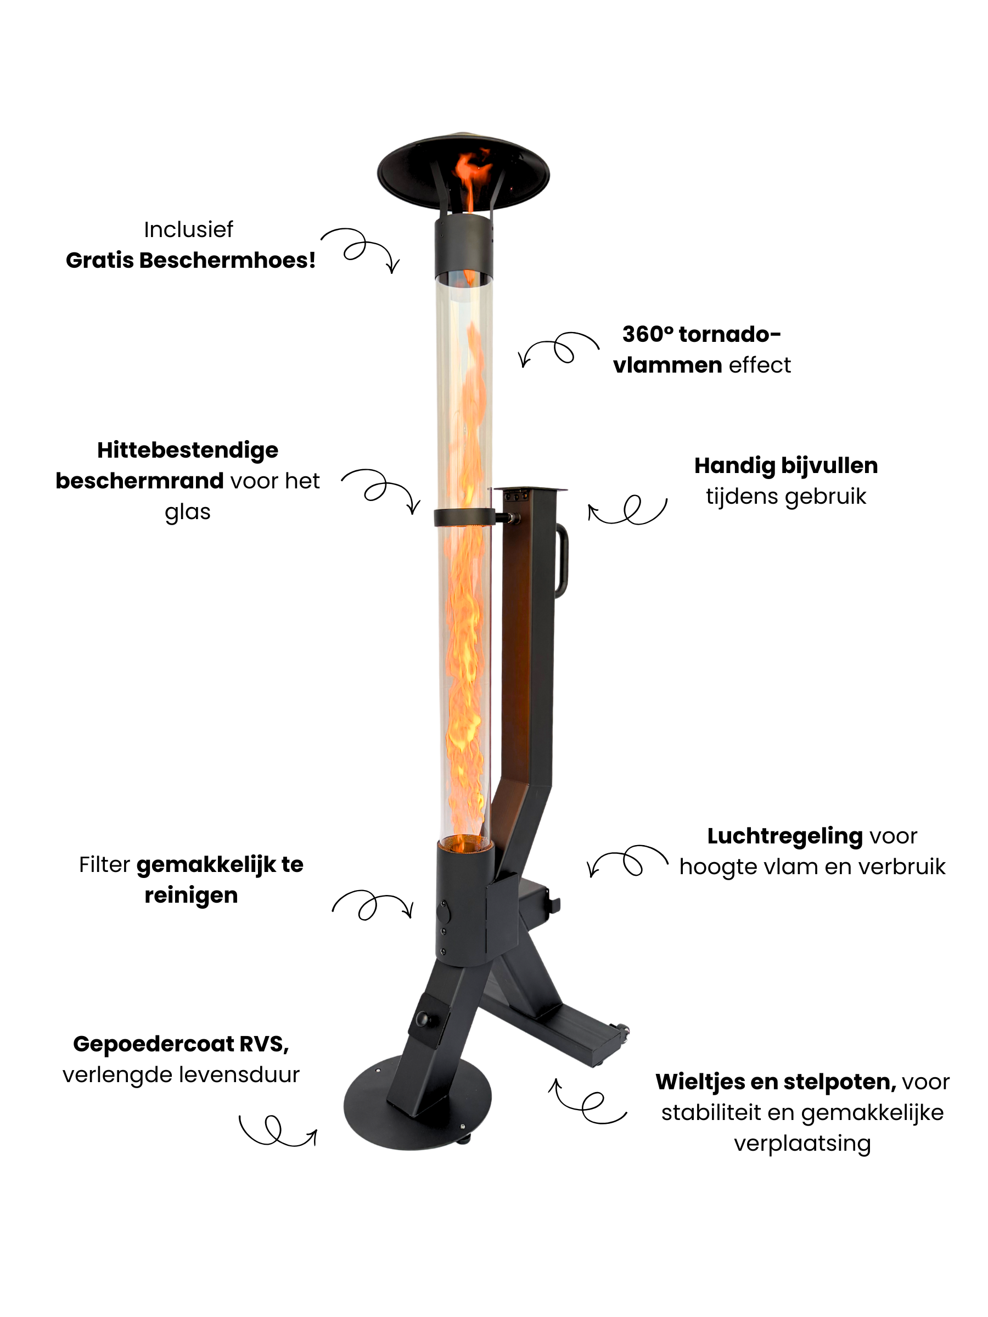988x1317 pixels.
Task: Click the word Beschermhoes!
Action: [227, 260]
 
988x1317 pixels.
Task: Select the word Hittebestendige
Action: [188, 451]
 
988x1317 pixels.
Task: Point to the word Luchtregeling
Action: [785, 836]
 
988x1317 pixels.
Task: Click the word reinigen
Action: [191, 896]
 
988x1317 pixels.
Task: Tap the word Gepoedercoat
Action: [153, 1044]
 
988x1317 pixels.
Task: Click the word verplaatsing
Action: [802, 1144]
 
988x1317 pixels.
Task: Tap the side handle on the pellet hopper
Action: [562, 561]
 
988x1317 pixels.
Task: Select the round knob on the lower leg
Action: [425, 1018]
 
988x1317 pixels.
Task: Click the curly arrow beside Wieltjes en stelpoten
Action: [587, 1102]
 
